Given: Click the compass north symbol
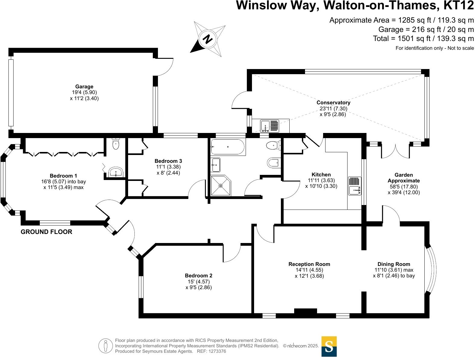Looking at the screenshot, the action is click(x=208, y=39).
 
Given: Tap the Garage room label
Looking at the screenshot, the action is click(x=84, y=87).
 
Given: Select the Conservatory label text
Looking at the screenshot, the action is click(x=333, y=103).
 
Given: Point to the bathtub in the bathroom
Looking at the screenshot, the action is click(x=228, y=147).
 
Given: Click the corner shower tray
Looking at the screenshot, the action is click(x=221, y=185).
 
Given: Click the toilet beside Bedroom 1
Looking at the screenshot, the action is click(x=116, y=144).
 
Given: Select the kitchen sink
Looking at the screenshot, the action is click(x=354, y=186).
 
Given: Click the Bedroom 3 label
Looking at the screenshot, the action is click(x=168, y=161).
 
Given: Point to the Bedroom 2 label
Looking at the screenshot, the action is click(x=198, y=276).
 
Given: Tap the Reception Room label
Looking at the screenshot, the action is click(x=309, y=264).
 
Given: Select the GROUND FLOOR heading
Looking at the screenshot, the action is click(x=46, y=232).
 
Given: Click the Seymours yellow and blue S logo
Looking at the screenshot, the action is click(x=329, y=346).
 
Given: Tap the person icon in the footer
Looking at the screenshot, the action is click(x=105, y=346).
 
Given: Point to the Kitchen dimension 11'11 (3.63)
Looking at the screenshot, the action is click(x=321, y=180).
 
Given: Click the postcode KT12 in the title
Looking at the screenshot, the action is click(x=459, y=5).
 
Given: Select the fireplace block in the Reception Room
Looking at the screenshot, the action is click(x=305, y=311).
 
